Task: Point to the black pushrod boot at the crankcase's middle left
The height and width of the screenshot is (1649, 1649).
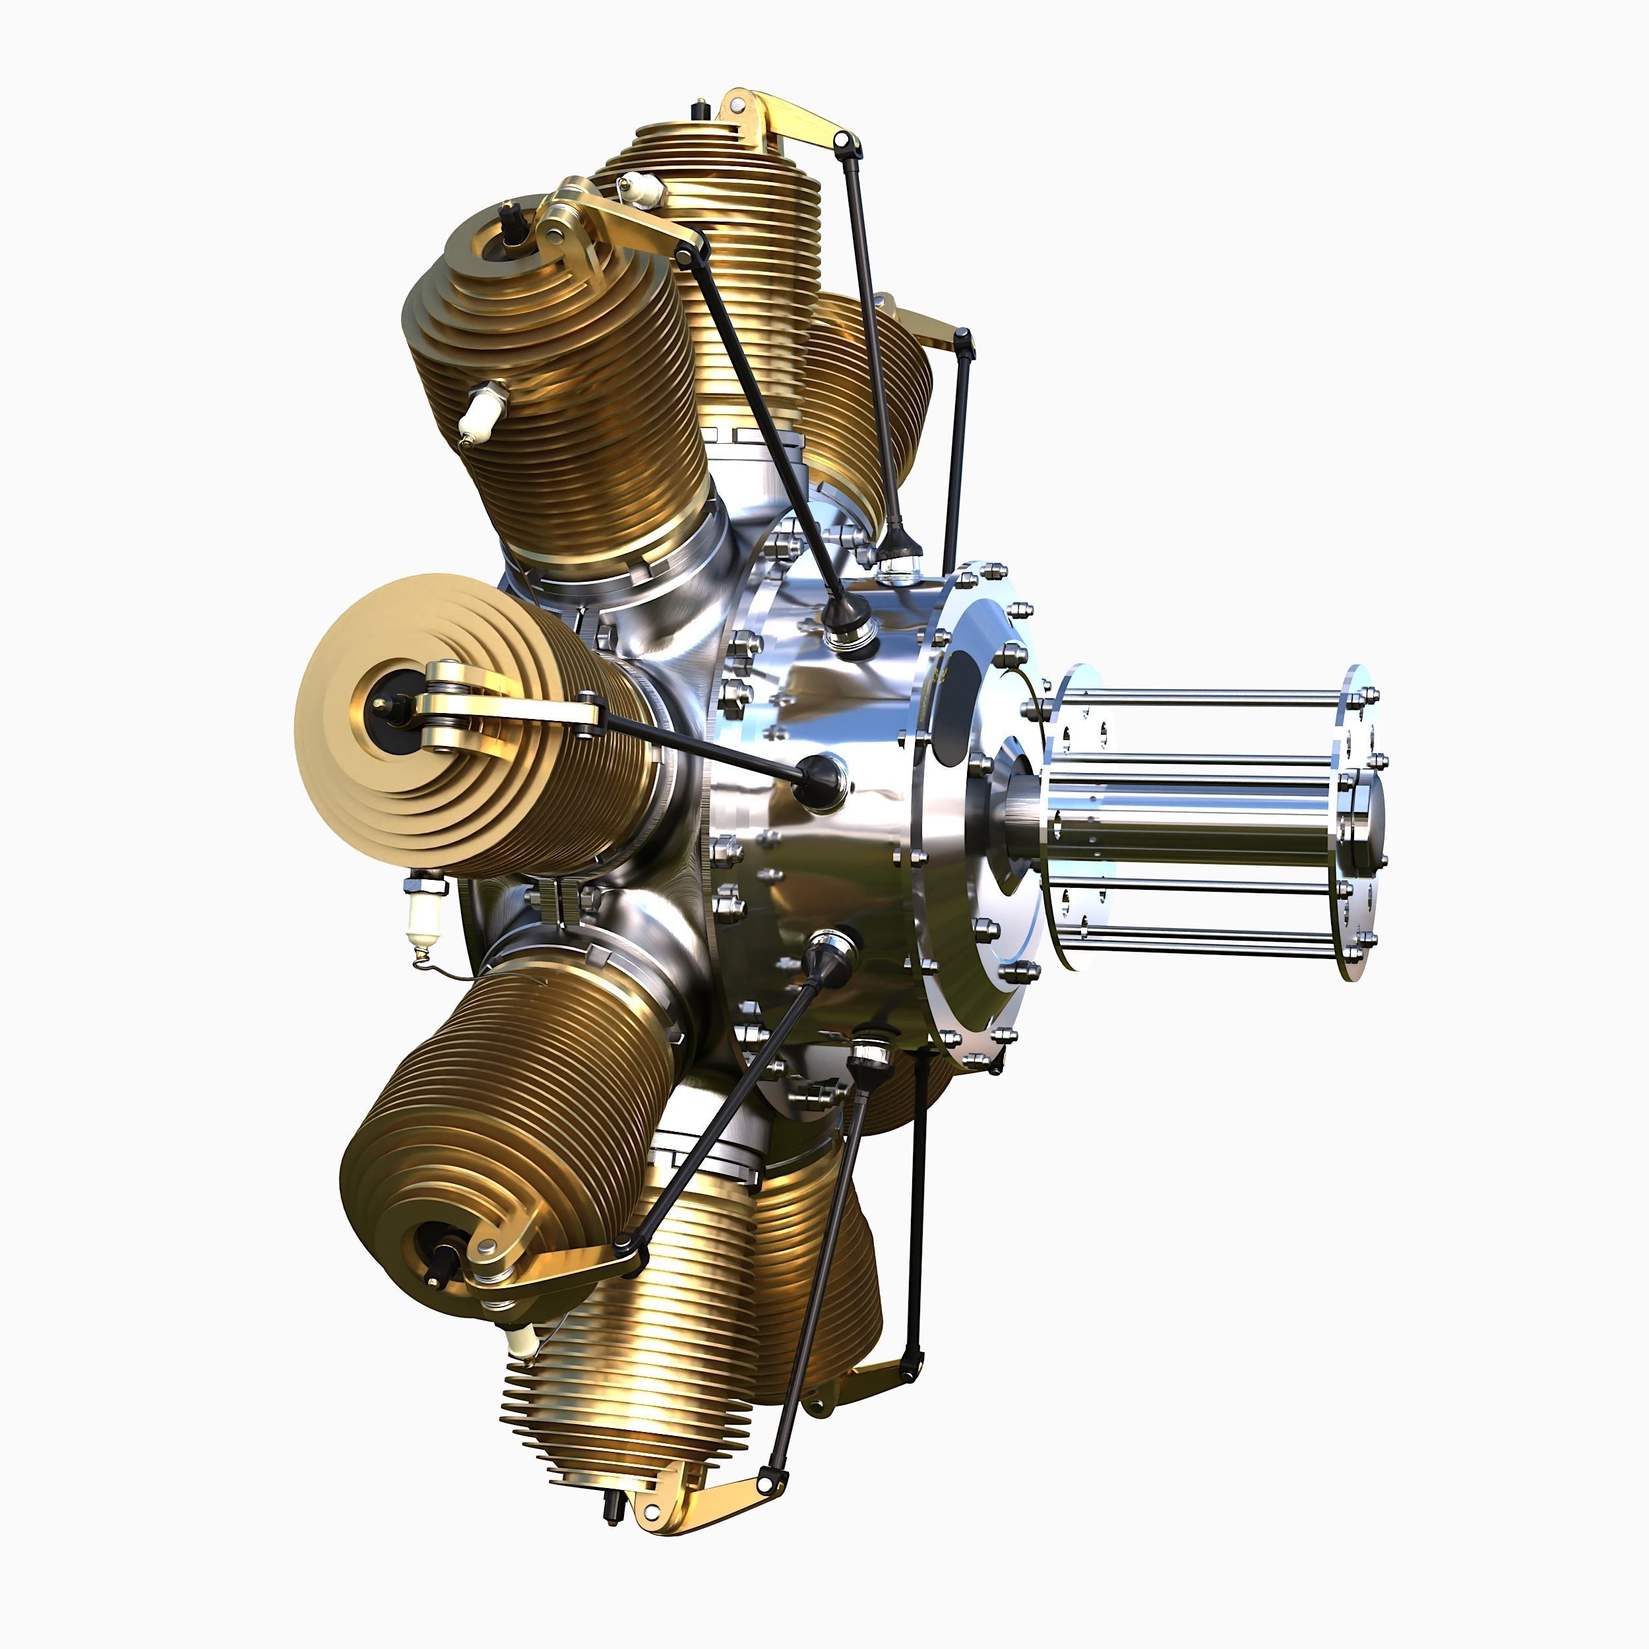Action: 819,781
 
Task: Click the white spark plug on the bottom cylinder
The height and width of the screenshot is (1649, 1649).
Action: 522,1341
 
